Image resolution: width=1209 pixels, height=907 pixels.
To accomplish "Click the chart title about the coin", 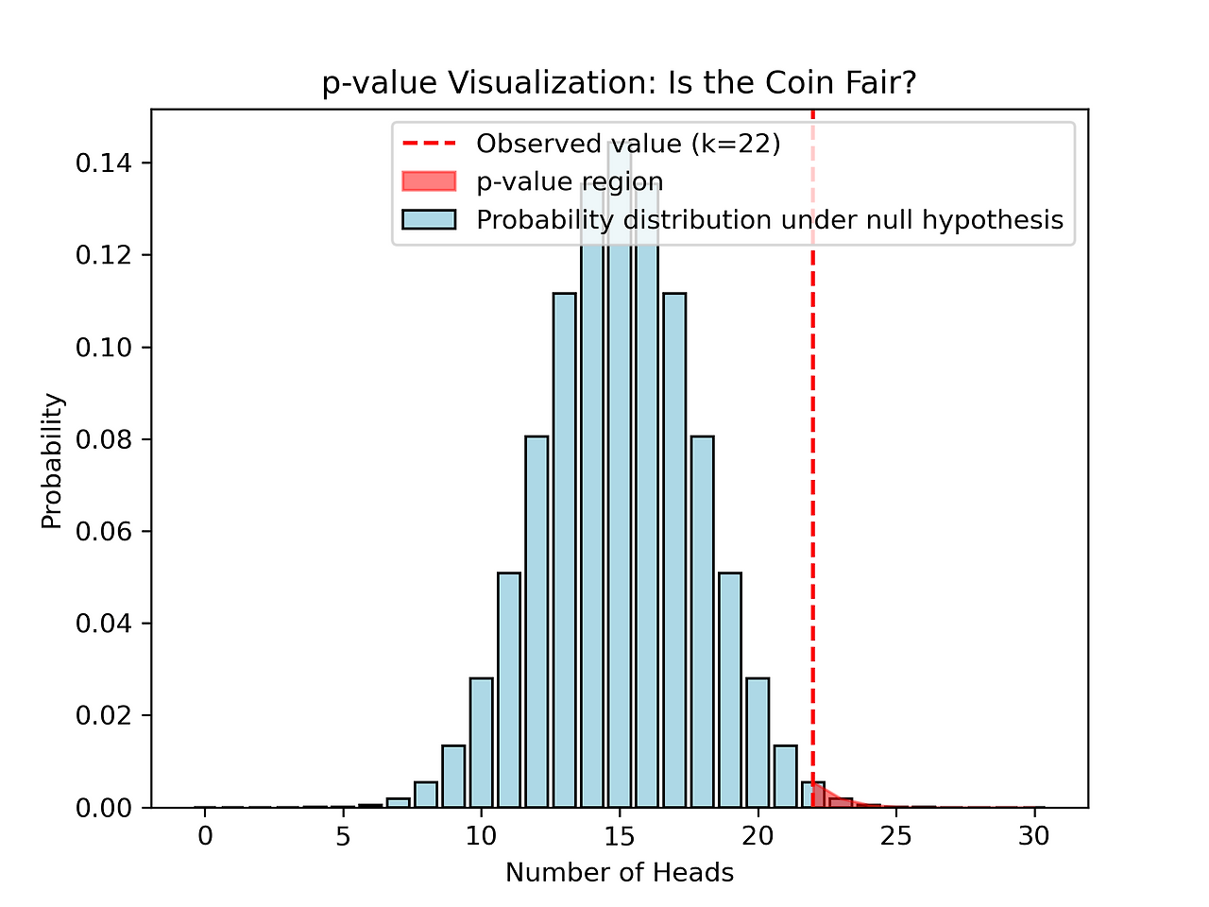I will pyautogui.click(x=619, y=83).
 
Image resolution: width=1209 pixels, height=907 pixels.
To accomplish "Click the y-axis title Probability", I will pyautogui.click(x=52, y=460).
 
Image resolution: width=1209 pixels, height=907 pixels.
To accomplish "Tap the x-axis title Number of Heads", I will pyautogui.click(x=620, y=872).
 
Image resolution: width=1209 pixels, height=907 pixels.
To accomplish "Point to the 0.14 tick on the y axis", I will pyautogui.click(x=103, y=163).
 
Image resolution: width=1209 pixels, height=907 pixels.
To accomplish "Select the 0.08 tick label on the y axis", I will pyautogui.click(x=103, y=439).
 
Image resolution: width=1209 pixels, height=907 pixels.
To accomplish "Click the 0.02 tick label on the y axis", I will pyautogui.click(x=103, y=715).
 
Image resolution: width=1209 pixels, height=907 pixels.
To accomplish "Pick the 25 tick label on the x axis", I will pyautogui.click(x=895, y=835).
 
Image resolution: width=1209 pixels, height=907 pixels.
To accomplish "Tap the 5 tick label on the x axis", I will pyautogui.click(x=343, y=835).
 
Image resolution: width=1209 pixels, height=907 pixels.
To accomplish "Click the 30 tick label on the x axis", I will pyautogui.click(x=1034, y=835).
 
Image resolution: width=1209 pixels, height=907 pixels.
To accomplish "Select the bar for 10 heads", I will pyautogui.click(x=481, y=743).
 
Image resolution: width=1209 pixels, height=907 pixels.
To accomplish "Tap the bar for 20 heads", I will pyautogui.click(x=758, y=743).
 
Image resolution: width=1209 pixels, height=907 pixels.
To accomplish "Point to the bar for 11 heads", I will pyautogui.click(x=509, y=690).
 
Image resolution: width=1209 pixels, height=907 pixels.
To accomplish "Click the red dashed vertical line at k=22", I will pyautogui.click(x=813, y=472).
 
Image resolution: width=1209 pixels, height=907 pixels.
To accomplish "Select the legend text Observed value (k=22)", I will pyautogui.click(x=628, y=144).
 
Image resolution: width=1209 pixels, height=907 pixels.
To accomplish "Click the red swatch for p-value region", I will pyautogui.click(x=429, y=181).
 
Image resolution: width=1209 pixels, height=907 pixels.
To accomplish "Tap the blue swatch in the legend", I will pyautogui.click(x=429, y=219).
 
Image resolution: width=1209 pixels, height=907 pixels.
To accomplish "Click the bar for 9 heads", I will pyautogui.click(x=453, y=777).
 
